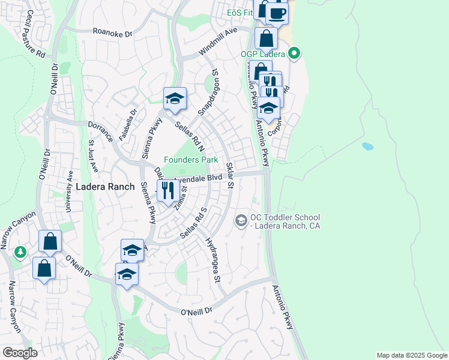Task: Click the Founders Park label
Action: pyautogui.click(x=191, y=160)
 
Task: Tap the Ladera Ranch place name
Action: pyautogui.click(x=101, y=187)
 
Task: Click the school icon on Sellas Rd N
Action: pyautogui.click(x=175, y=99)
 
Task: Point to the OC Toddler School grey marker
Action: pyautogui.click(x=241, y=221)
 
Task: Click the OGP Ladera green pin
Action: pyautogui.click(x=294, y=54)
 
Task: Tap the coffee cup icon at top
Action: pyautogui.click(x=276, y=13)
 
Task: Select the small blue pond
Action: pyautogui.click(x=367, y=146)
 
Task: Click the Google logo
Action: pyautogui.click(x=20, y=353)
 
